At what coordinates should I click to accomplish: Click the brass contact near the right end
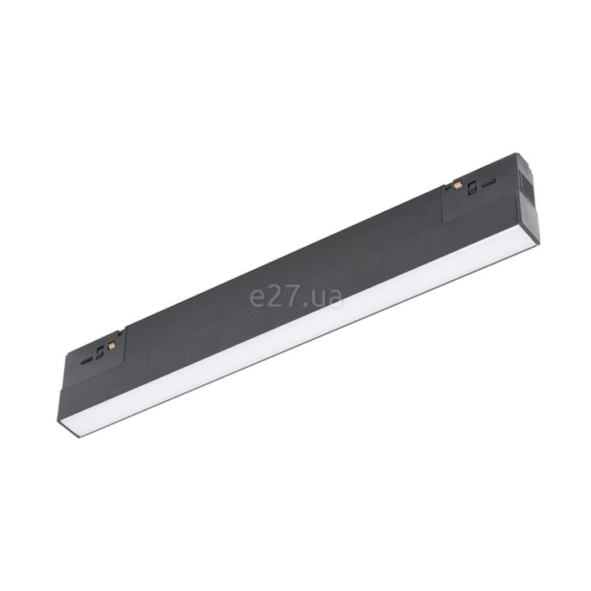458,185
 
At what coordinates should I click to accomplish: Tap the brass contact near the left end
112,345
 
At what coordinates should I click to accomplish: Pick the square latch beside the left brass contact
99,354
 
